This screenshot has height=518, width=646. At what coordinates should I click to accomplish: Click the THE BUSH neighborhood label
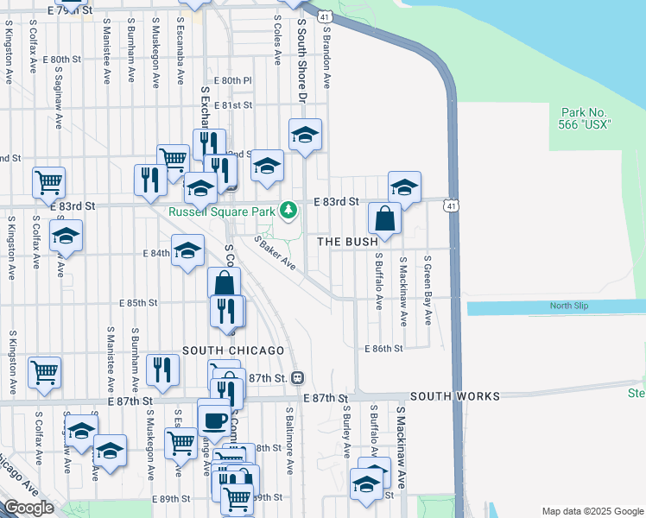point(348,242)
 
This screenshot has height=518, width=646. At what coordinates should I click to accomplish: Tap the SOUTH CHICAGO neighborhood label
point(233,351)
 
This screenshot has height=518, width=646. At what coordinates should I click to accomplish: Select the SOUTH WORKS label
point(454,396)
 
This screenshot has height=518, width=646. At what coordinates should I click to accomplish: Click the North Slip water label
point(569,306)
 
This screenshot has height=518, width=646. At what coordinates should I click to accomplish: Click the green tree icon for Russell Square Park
point(292,210)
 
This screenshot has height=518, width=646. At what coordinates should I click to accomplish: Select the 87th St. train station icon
point(297,377)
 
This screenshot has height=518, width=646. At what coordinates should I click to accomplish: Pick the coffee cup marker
point(214,420)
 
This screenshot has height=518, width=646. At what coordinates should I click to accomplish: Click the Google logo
point(28,508)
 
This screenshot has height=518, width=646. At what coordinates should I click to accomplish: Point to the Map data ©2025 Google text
point(592,511)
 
